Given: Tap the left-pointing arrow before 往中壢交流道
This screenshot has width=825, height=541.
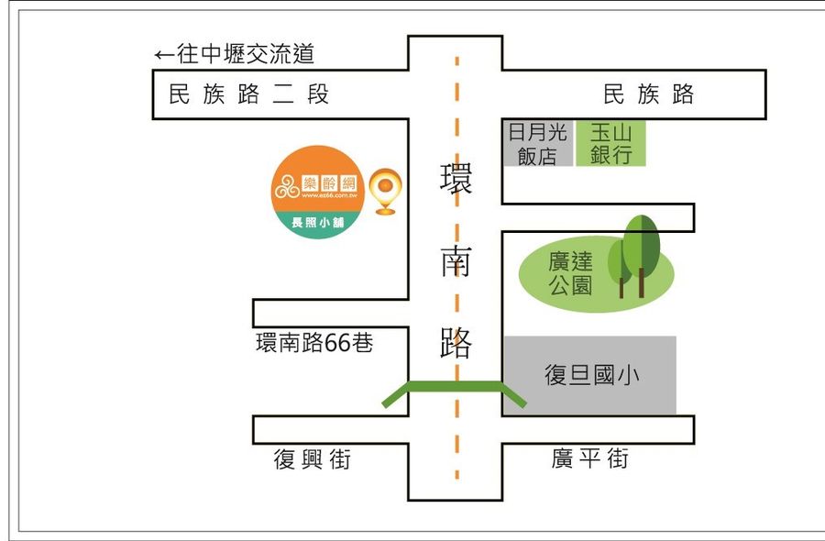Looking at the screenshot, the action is coord(164,55).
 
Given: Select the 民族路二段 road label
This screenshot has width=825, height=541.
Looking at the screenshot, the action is coord(248,94).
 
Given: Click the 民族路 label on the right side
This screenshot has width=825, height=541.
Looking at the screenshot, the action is coord(648,94).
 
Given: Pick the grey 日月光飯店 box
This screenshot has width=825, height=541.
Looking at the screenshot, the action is coord(537,143).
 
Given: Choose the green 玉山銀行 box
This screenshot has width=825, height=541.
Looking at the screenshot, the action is coord(611,143).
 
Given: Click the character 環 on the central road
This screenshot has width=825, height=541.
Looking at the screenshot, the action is coord(456,179).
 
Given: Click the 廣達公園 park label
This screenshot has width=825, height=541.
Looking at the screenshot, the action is coord(570,273).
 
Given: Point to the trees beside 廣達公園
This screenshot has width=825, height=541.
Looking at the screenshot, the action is coord(640,254).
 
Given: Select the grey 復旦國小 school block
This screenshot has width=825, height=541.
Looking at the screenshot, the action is coord(589,375).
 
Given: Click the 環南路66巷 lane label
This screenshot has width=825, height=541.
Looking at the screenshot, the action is coord(314,343).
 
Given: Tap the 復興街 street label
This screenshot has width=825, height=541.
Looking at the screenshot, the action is coord(313,459).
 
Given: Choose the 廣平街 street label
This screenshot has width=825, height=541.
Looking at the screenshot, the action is coord(589,458).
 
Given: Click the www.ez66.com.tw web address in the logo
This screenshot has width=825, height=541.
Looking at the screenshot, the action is coord(315,197).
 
